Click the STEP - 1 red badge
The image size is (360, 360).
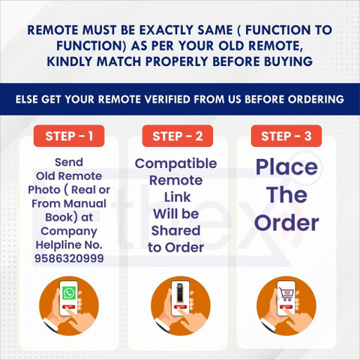[x=69, y=136]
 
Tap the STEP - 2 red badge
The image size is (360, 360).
[x=178, y=136]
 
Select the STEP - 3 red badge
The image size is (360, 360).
[x=286, y=136]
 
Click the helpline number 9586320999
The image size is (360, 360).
[x=69, y=258]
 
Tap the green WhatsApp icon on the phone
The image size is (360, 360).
[x=69, y=292]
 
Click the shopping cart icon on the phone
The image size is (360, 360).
[x=286, y=294]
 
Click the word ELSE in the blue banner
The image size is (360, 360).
[x=27, y=99]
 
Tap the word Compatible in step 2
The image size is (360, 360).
[x=176, y=164]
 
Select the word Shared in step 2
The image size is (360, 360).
[x=176, y=230]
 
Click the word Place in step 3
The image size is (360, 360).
[x=286, y=167]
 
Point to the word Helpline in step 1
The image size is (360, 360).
[x=58, y=244]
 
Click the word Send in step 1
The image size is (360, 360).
[x=69, y=162]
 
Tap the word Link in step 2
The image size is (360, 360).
[x=177, y=197]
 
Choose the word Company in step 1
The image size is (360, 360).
[x=69, y=232]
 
